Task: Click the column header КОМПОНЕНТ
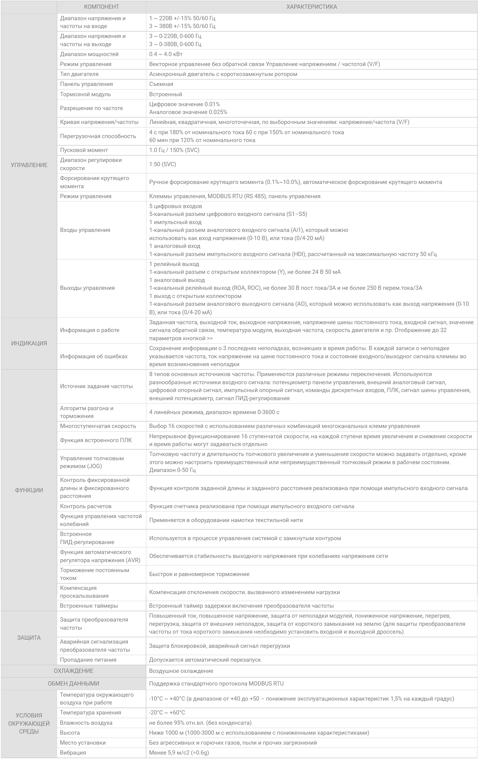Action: (x=101, y=7)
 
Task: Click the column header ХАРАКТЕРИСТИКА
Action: (x=311, y=7)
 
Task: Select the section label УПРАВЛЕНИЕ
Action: (x=29, y=165)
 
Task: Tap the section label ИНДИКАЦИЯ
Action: (x=29, y=344)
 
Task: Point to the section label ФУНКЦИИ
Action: (x=29, y=490)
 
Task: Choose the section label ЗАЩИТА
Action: (x=29, y=638)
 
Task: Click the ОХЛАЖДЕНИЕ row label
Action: (x=73, y=671)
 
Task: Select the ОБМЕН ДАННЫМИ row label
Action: (x=73, y=684)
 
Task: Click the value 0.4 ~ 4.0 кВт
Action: (x=166, y=54)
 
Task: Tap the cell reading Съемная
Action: (x=161, y=84)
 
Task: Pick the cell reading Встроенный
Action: (x=165, y=94)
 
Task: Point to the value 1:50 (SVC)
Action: (x=163, y=164)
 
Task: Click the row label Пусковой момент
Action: (x=84, y=150)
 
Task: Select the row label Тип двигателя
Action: (x=79, y=74)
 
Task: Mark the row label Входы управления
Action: (x=85, y=230)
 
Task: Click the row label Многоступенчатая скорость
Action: (x=98, y=426)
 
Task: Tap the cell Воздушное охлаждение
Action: (x=181, y=671)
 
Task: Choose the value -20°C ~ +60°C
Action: (x=167, y=713)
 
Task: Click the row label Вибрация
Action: (x=73, y=753)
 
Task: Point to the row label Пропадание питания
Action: (x=88, y=660)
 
